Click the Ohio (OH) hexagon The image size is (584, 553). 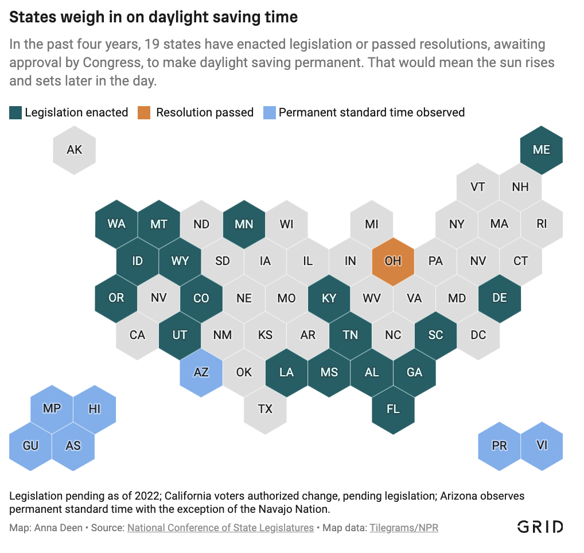coord(393,261)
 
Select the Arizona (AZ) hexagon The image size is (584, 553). coord(201,372)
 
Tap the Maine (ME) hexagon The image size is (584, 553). coord(542,150)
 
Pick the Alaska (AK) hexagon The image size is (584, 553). coord(74,150)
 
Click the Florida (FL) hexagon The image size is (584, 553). coord(393,409)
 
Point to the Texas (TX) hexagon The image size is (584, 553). coord(265,409)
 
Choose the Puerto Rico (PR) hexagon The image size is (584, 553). coord(500,446)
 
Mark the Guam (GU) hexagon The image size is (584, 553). coord(31,446)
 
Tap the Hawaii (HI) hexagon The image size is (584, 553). coord(95,409)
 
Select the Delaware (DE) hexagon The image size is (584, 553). coord(500,298)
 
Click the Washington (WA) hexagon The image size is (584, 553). coord(116,224)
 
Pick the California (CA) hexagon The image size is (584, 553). coord(138,335)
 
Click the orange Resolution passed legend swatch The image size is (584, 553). coord(143,112)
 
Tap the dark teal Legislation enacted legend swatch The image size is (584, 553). coord(15,112)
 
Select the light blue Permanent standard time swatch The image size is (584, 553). coord(268,112)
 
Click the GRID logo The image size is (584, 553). coord(540,527)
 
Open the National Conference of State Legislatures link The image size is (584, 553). coord(220,528)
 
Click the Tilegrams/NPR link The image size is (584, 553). coord(404,528)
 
